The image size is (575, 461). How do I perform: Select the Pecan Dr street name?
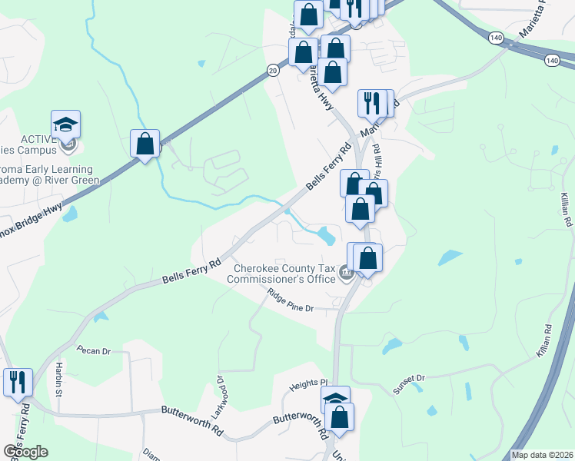point(94,350)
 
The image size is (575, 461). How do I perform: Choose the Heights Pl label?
point(309,383)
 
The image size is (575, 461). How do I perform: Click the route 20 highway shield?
point(272,70)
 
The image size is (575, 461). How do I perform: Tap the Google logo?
point(25,452)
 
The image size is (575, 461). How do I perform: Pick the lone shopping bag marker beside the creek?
point(145,144)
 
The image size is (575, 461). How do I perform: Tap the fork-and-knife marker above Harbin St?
point(18,382)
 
